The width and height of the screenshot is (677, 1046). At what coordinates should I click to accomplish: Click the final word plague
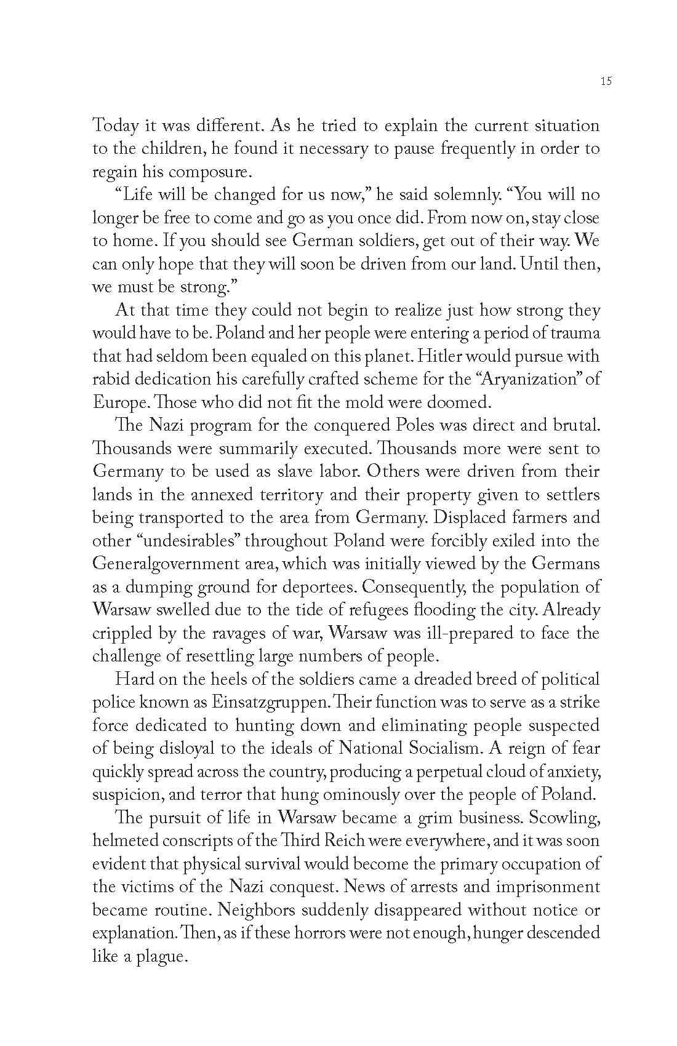(x=156, y=956)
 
